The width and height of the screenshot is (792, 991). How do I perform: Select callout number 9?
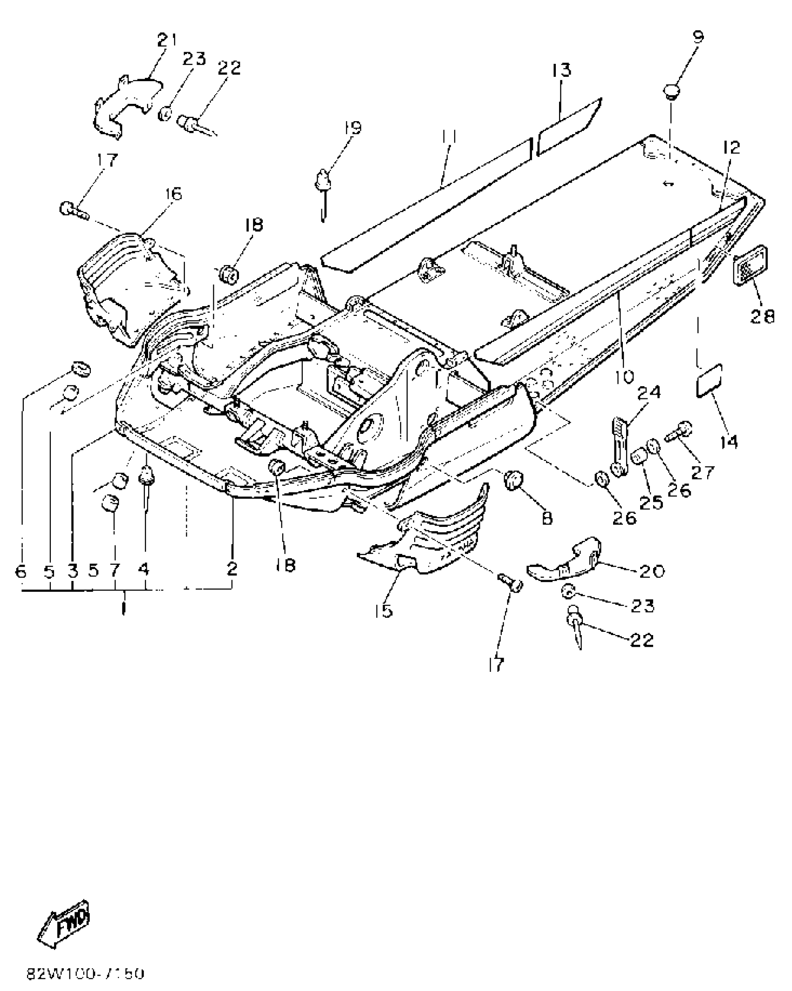tap(697, 37)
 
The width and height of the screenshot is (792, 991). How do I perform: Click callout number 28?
tap(762, 316)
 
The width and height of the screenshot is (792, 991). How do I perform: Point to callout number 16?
tap(171, 193)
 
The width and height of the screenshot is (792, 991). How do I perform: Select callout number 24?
tap(649, 393)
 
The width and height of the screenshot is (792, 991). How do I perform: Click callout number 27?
tap(702, 472)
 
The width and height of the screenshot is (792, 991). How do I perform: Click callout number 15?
tap(383, 610)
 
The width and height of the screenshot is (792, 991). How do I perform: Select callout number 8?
tap(546, 518)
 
